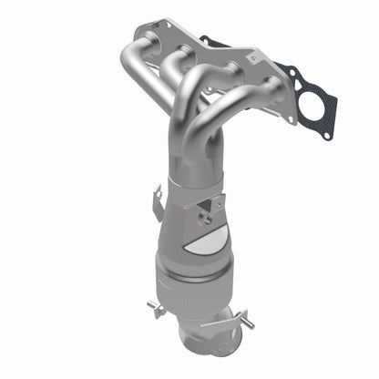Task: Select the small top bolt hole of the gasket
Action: click(x=215, y=41)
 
